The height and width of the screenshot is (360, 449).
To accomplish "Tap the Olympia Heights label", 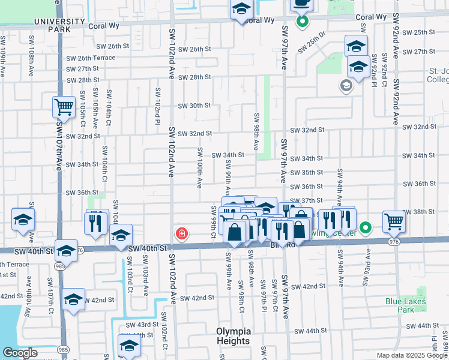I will (x=233, y=336).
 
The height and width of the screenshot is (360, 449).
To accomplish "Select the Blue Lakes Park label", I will (x=406, y=305).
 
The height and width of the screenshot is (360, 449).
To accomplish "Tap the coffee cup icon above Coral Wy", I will (x=301, y=4).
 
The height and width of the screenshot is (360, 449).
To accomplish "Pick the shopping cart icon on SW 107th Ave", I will (x=63, y=107).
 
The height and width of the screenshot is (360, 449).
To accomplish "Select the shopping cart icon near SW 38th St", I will (x=394, y=221).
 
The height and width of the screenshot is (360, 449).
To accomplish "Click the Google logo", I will (x=20, y=353).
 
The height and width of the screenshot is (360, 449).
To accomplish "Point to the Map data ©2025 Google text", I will (x=412, y=355).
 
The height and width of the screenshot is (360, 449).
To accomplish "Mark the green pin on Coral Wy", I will (x=303, y=22).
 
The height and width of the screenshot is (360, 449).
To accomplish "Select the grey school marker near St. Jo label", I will (x=346, y=86).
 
